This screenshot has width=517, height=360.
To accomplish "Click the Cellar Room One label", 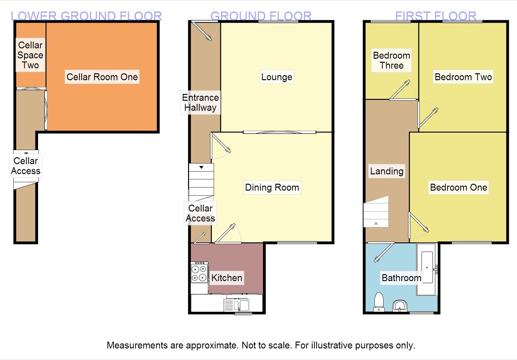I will pyautogui.click(x=102, y=77).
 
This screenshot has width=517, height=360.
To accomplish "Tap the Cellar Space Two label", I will pyautogui.click(x=30, y=55).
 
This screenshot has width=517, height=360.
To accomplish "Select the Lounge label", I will pyautogui.click(x=276, y=77).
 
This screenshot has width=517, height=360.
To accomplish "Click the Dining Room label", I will pyautogui.click(x=272, y=187).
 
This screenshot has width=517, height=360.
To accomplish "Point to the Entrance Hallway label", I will pyautogui.click(x=200, y=103).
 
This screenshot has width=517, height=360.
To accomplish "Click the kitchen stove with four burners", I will pyautogui.click(x=199, y=273).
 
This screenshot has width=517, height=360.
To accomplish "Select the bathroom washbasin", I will pyautogui.click(x=400, y=305).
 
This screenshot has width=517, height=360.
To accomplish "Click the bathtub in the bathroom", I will pyautogui.click(x=427, y=269).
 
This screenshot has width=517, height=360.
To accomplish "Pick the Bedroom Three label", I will pyautogui.click(x=391, y=61).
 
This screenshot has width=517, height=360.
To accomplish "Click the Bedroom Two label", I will pyautogui.click(x=463, y=77).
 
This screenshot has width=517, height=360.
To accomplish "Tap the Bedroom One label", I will pyautogui.click(x=458, y=187).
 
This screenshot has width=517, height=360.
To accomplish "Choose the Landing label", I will pyautogui.click(x=387, y=171).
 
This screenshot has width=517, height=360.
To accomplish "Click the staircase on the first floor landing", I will pyautogui.click(x=376, y=212).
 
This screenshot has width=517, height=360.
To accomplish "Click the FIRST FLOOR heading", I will pyautogui.click(x=436, y=16).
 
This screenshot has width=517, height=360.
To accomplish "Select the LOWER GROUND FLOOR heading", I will pyautogui.click(x=86, y=16).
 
